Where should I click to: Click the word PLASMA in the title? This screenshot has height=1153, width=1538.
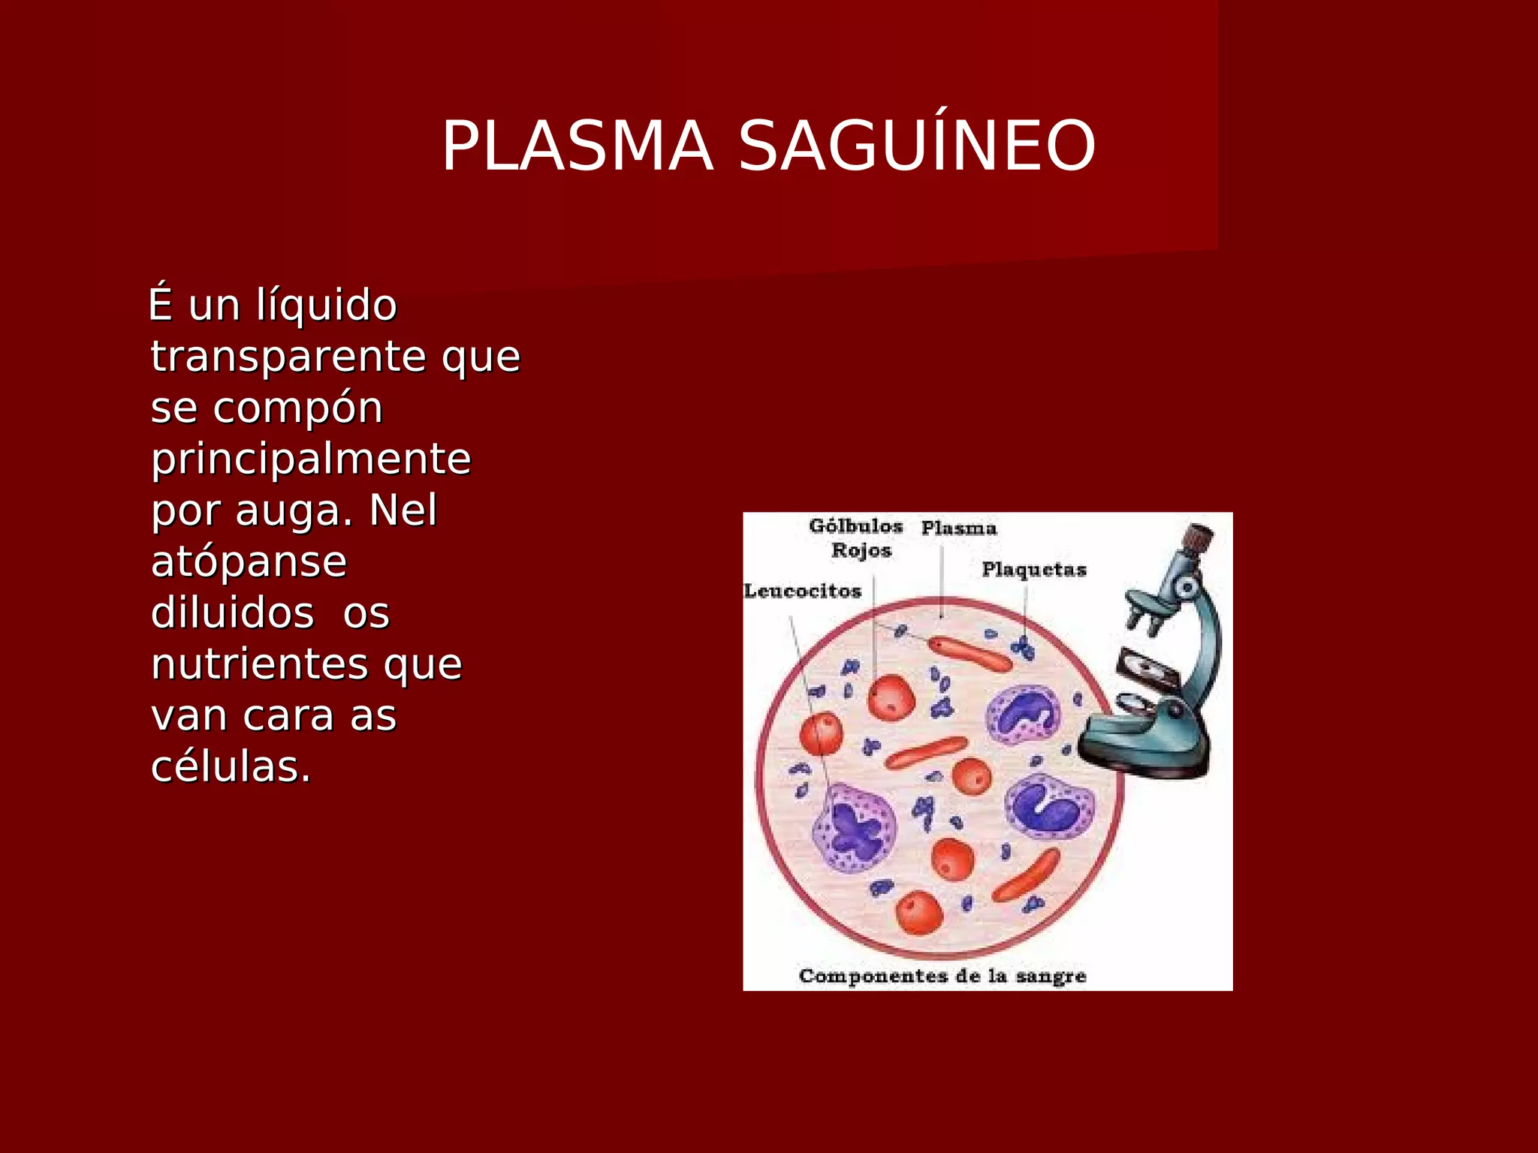coord(577,146)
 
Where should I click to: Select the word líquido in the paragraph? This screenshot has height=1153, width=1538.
coord(326,306)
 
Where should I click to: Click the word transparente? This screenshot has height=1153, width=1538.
coord(289,357)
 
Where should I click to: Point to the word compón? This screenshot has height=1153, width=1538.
coord(297,409)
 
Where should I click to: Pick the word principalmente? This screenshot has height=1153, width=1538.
coord(310,459)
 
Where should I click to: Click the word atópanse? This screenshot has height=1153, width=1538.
coord(249,562)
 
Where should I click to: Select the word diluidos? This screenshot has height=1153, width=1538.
coord(232,613)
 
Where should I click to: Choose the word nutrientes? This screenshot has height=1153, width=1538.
coord(260,664)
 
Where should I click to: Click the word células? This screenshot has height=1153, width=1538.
coord(231,768)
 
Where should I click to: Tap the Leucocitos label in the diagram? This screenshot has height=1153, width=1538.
coord(802,592)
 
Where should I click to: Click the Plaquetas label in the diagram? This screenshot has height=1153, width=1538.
coord(1033,570)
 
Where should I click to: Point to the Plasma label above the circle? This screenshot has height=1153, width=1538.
coord(958,528)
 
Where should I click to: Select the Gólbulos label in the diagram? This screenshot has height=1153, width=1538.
coord(855,526)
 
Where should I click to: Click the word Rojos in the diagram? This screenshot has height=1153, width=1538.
coord(861,550)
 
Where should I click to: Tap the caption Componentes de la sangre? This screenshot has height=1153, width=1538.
coord(942,977)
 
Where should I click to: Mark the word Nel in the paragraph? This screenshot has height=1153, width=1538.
coord(403,510)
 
